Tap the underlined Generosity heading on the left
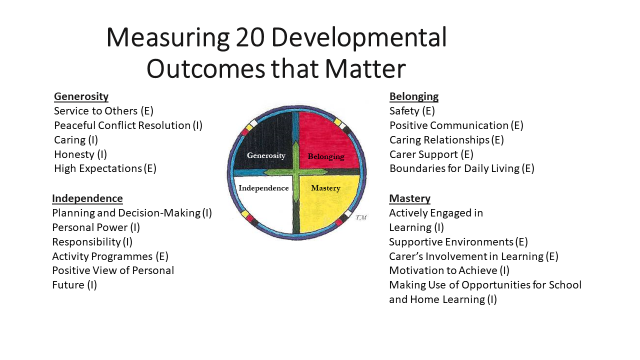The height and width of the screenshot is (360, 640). click(x=81, y=96)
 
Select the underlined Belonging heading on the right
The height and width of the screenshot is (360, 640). click(x=413, y=96)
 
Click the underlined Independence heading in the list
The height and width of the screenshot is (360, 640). click(x=87, y=198)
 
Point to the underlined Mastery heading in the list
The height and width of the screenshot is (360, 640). click(x=409, y=198)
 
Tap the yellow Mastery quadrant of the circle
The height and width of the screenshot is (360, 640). click(x=330, y=205)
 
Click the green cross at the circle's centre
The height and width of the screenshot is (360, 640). click(x=296, y=171)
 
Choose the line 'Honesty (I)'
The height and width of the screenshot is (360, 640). click(x=80, y=154)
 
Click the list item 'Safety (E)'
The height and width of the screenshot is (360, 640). click(x=412, y=111)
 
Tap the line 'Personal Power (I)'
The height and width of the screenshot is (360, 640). click(x=96, y=227)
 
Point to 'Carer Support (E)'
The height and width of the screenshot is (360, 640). click(x=431, y=154)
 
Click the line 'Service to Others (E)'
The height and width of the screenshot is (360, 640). click(x=103, y=111)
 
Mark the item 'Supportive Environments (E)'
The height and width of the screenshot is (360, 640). click(x=458, y=242)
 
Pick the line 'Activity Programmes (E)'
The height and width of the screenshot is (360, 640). click(x=110, y=256)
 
